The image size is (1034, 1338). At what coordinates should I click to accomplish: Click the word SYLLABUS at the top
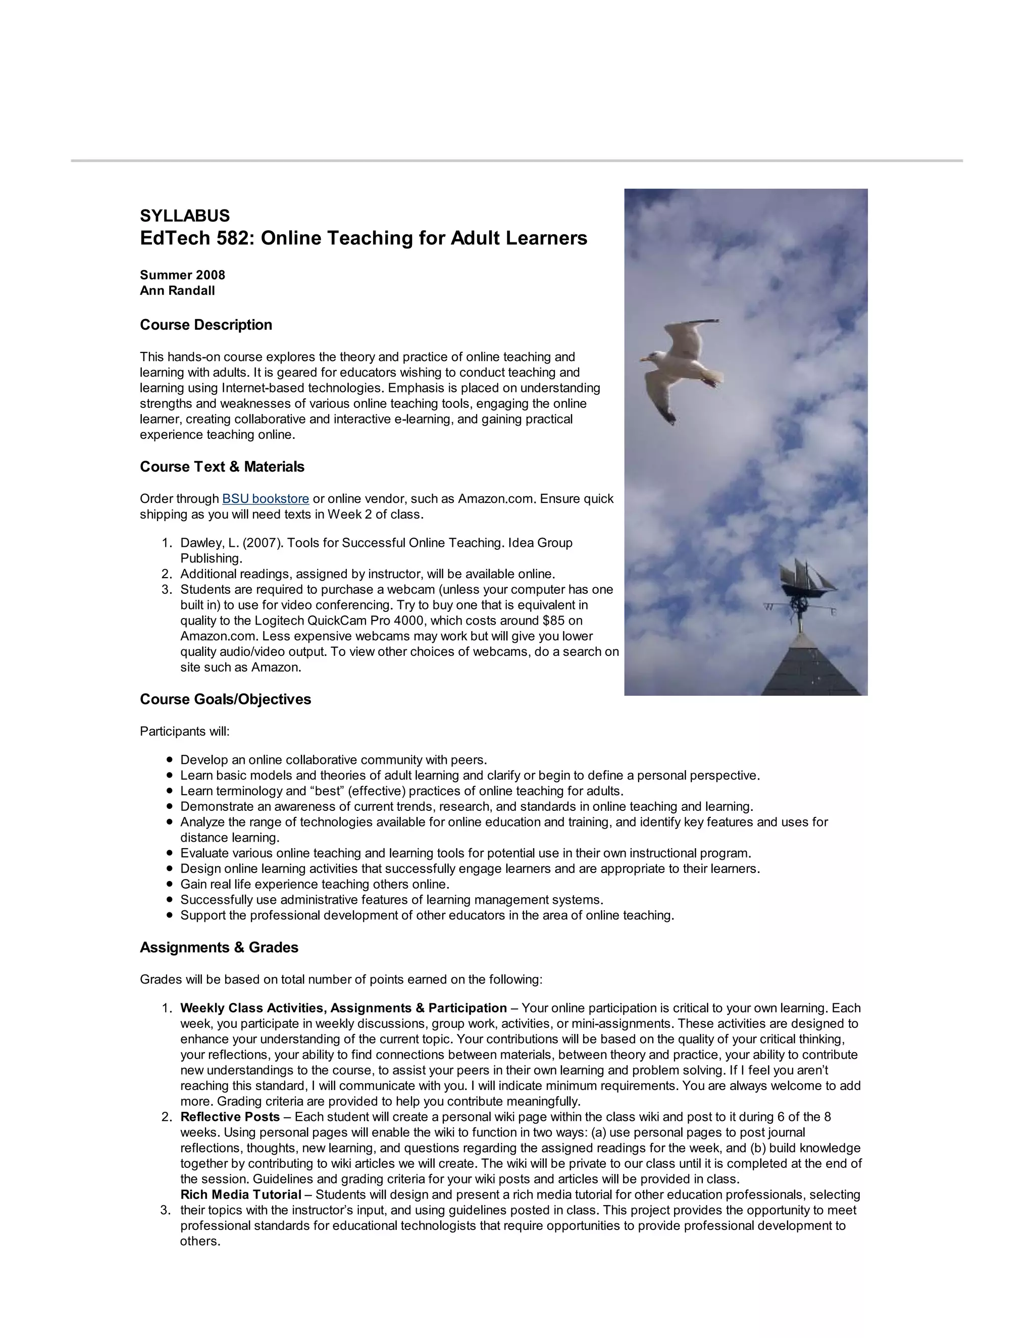pos(184,216)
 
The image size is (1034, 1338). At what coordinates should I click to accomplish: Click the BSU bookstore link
pos(265,499)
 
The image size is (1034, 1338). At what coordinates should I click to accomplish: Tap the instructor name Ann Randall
pos(177,290)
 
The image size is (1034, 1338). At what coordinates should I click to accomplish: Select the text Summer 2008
pos(182,275)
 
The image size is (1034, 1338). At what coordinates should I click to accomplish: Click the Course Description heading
pos(206,325)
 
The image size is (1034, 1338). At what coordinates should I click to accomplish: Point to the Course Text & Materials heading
pos(222,467)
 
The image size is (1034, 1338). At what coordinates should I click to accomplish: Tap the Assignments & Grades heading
pos(219,947)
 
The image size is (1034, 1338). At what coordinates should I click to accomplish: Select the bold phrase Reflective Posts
pos(230,1117)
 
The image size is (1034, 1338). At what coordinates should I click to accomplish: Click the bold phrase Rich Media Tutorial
pos(241,1195)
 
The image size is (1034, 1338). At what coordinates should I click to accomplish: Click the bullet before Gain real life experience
pos(170,884)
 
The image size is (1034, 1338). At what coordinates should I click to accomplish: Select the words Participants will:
pos(184,731)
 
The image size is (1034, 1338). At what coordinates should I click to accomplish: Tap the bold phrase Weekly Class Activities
pos(252,1008)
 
